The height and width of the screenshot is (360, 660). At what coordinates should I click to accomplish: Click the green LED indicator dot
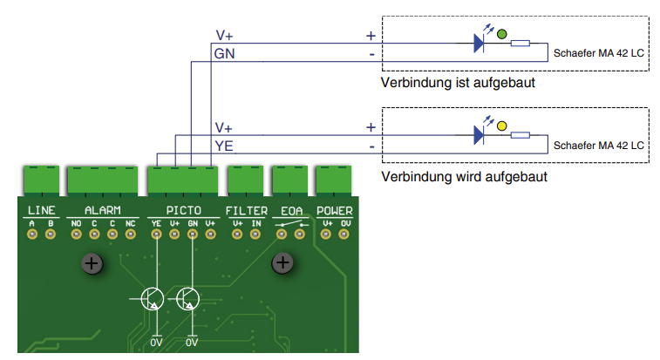click(501, 34)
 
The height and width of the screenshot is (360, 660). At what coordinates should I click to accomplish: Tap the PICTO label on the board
click(184, 211)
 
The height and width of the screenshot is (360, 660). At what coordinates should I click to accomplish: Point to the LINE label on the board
click(41, 211)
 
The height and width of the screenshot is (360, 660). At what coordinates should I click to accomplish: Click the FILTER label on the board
click(247, 211)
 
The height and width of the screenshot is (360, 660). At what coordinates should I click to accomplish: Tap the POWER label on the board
click(335, 211)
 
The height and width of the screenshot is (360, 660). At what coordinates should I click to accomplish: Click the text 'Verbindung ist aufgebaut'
click(457, 83)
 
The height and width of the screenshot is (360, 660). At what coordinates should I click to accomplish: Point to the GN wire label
click(224, 54)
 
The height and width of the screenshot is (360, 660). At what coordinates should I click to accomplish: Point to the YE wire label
click(224, 146)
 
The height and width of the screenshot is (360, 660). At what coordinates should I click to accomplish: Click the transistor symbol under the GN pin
click(187, 299)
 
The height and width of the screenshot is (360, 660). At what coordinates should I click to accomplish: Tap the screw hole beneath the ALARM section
click(92, 262)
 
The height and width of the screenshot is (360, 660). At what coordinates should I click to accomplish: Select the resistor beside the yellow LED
click(521, 135)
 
